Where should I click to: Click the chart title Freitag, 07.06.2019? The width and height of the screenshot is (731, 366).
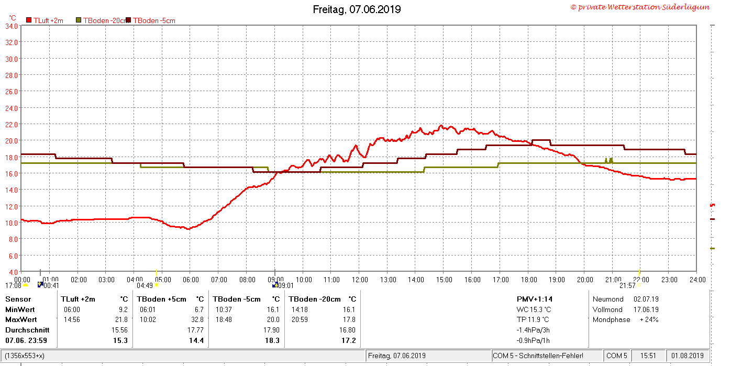(357, 9)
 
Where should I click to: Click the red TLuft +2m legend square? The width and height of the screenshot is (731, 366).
(29, 20)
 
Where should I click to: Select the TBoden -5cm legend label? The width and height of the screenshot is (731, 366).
(154, 20)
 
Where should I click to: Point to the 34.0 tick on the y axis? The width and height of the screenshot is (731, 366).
(12, 26)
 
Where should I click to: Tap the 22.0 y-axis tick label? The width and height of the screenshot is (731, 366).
(12, 124)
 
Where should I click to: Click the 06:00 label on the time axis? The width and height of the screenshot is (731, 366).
(191, 280)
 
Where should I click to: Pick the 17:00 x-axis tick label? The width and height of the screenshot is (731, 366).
(501, 280)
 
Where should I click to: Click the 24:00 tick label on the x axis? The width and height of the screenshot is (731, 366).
(697, 280)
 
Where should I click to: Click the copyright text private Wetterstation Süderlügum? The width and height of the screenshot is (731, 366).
(640, 7)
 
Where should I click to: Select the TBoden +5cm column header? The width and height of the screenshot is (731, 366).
(161, 299)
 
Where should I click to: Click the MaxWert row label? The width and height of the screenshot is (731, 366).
(21, 320)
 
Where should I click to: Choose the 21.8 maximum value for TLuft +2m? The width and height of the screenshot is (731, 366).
(121, 320)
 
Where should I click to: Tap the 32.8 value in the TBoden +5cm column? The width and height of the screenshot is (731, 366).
(197, 320)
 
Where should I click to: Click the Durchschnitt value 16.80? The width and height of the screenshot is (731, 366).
(347, 330)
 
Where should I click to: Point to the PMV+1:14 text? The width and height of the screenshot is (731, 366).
(534, 299)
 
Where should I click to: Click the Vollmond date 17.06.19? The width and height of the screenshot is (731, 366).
(646, 309)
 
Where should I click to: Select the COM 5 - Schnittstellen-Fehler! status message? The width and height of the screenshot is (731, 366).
(538, 356)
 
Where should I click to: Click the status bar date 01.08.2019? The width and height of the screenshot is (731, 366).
(687, 356)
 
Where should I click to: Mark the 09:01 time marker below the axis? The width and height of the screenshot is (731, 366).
(285, 286)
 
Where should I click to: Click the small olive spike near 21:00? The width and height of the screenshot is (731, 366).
(608, 160)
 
